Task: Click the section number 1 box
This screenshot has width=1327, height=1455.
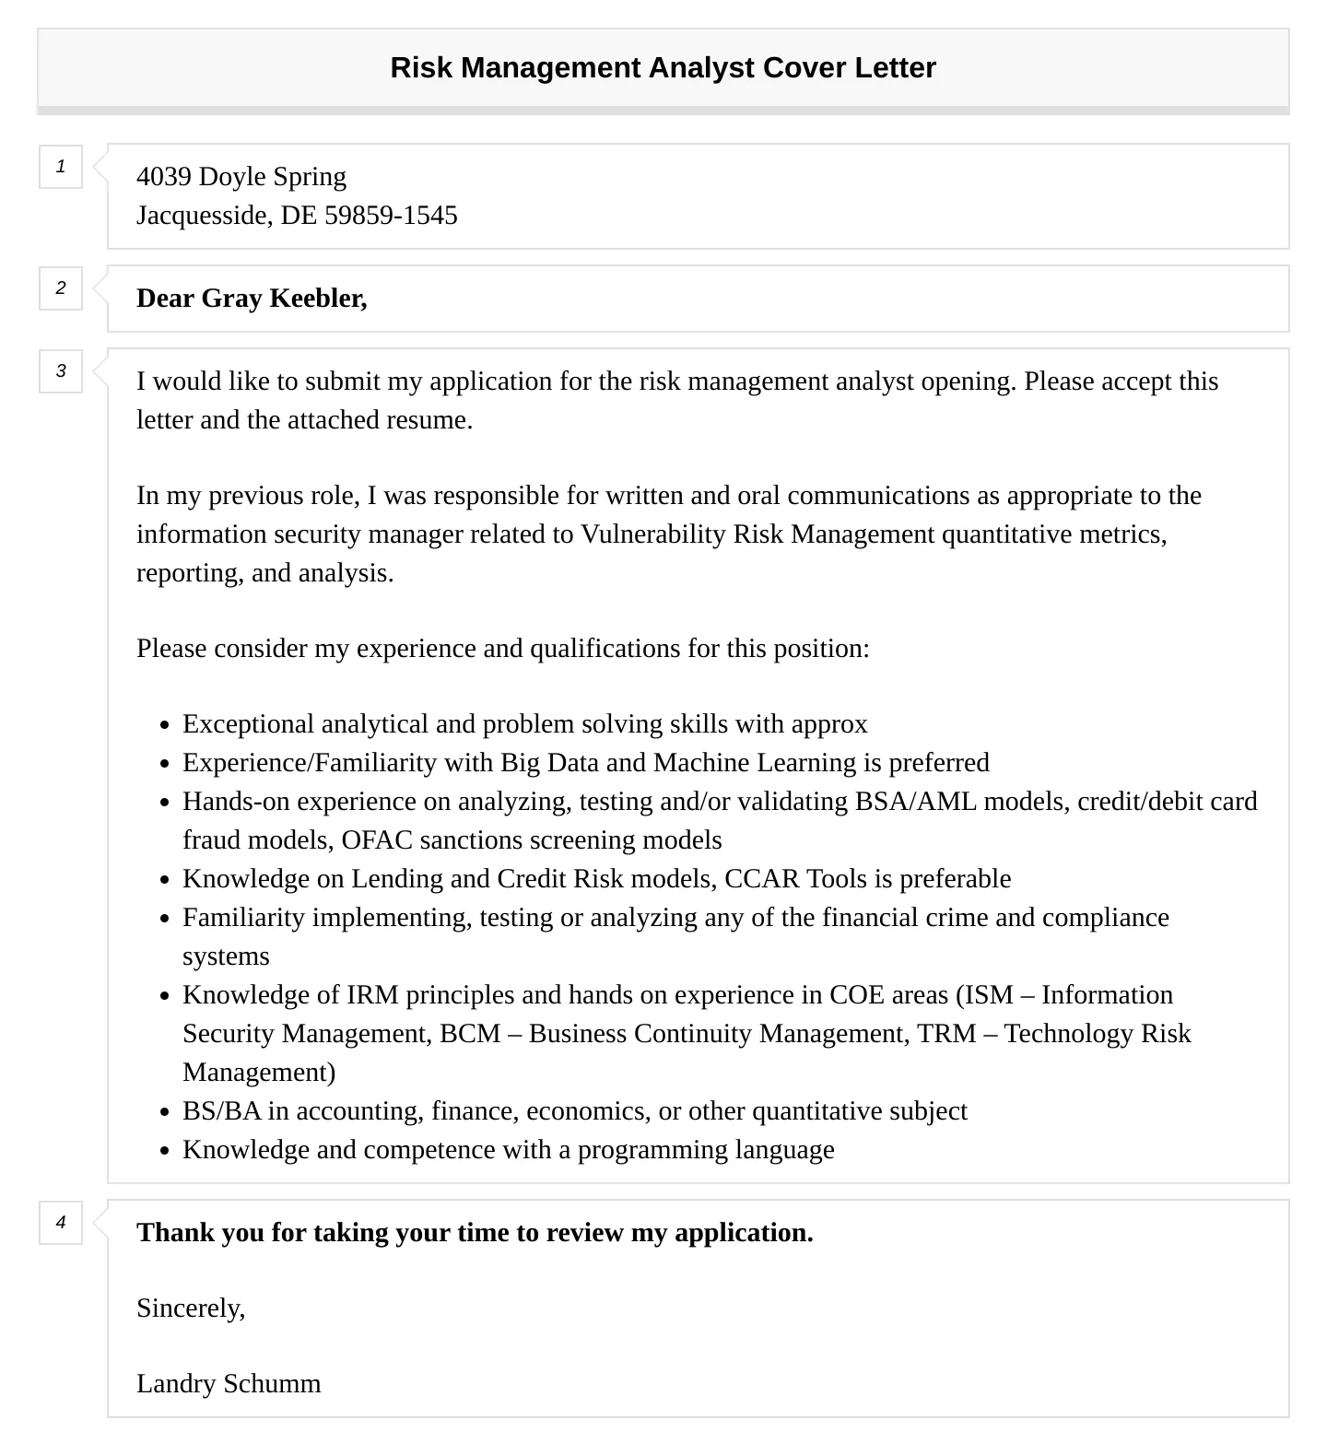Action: tap(61, 167)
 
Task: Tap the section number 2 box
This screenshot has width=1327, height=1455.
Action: tap(61, 288)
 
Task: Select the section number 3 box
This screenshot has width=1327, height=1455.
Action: tap(61, 371)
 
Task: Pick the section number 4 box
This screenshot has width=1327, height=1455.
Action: tap(61, 1223)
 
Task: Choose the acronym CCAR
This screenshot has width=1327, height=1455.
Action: tap(762, 879)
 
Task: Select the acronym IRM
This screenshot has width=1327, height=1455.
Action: tap(372, 995)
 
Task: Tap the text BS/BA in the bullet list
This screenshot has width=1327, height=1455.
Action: tap(222, 1111)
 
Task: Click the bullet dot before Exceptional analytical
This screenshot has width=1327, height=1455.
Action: tap(165, 726)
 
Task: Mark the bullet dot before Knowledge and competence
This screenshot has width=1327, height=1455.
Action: tap(165, 1152)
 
